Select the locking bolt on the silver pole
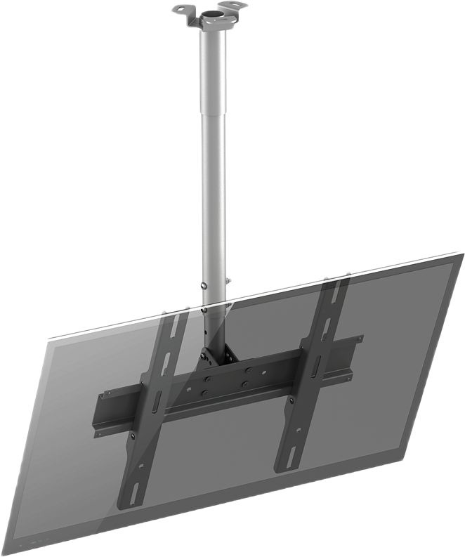tap(203, 286)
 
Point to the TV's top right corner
tap(460, 254)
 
